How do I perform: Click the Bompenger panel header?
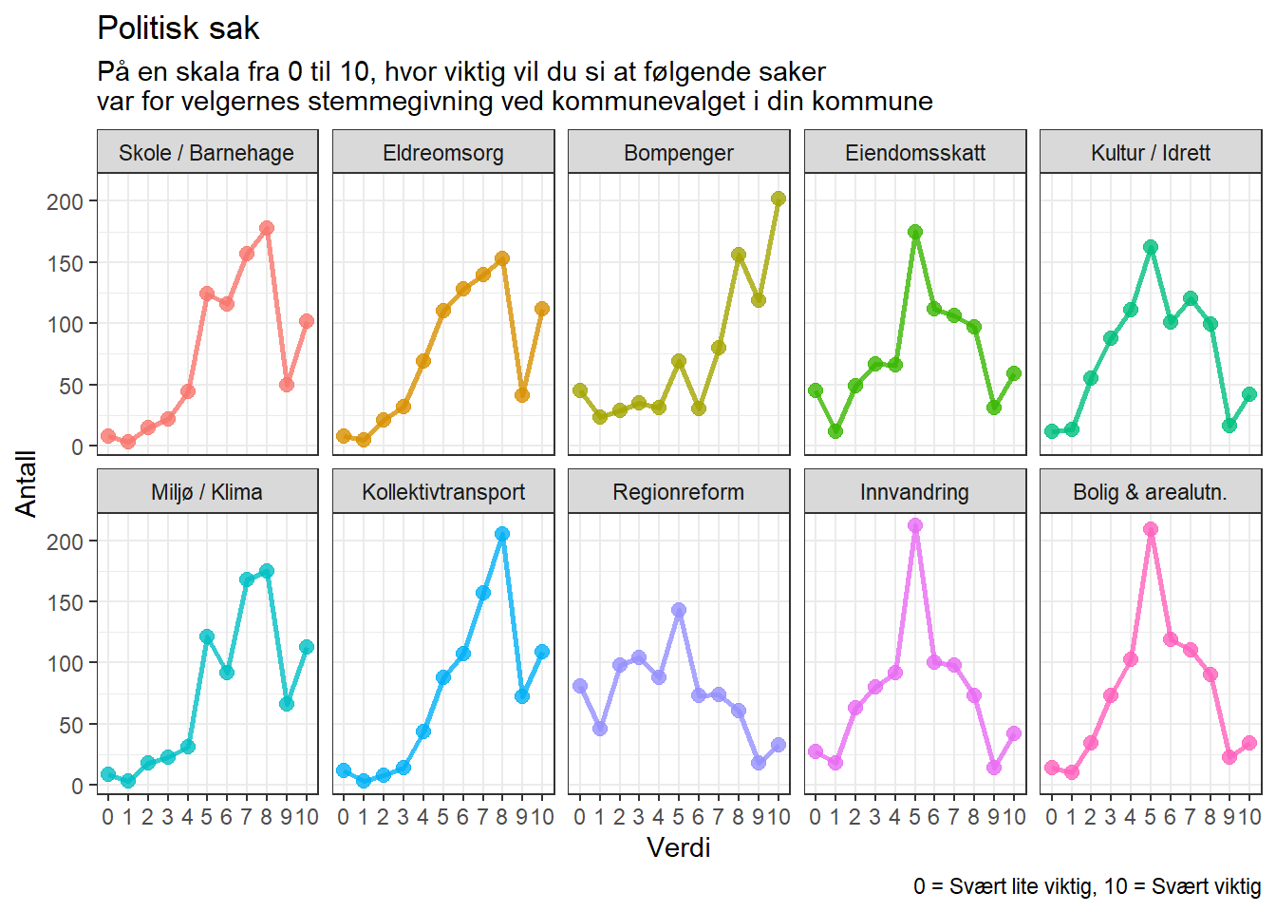(679, 153)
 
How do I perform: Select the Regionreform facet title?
(679, 492)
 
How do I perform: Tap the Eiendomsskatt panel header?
(915, 153)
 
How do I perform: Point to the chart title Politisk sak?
(178, 28)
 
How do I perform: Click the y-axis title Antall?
(26, 484)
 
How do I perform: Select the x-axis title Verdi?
(679, 847)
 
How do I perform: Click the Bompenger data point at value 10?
(779, 199)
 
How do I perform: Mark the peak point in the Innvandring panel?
(915, 525)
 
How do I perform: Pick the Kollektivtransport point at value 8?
(502, 534)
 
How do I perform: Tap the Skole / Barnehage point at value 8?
(267, 228)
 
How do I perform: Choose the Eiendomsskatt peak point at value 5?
(915, 232)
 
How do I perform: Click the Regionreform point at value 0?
(580, 686)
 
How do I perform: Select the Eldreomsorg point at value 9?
(522, 395)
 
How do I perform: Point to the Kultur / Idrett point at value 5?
(1151, 247)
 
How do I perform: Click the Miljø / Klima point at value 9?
(287, 704)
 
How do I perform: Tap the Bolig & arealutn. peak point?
(1151, 529)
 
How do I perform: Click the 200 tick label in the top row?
(65, 201)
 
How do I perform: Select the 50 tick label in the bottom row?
(71, 725)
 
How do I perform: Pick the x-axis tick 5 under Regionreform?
(679, 817)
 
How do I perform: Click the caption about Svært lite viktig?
(1087, 886)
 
